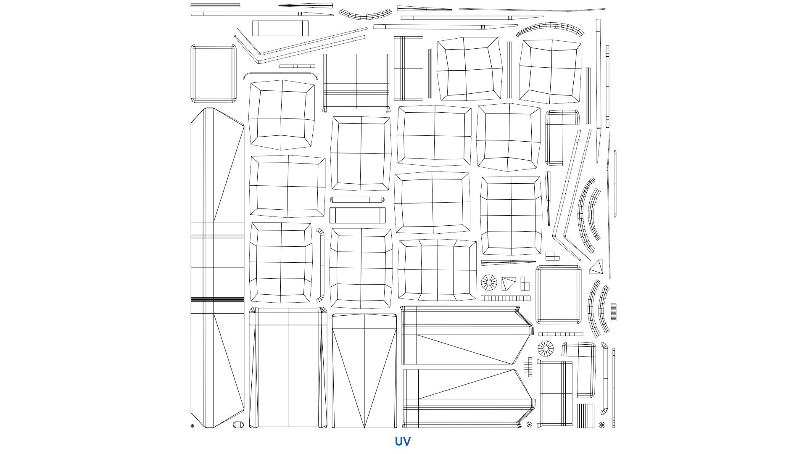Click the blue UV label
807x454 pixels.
[402, 441]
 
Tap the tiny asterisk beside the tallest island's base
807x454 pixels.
[193, 426]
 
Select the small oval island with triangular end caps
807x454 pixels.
[238, 425]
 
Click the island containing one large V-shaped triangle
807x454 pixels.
[364, 371]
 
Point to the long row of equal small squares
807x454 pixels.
[506, 298]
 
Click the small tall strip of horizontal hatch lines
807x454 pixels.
[613, 312]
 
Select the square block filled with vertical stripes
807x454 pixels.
[585, 416]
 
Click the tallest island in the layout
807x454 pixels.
[217, 268]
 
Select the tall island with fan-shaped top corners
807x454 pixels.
[288, 368]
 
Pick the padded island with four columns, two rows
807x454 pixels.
[437, 270]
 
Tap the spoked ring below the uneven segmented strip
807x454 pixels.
[546, 349]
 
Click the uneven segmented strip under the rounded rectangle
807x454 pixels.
[561, 334]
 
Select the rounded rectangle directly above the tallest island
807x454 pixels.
[214, 73]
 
